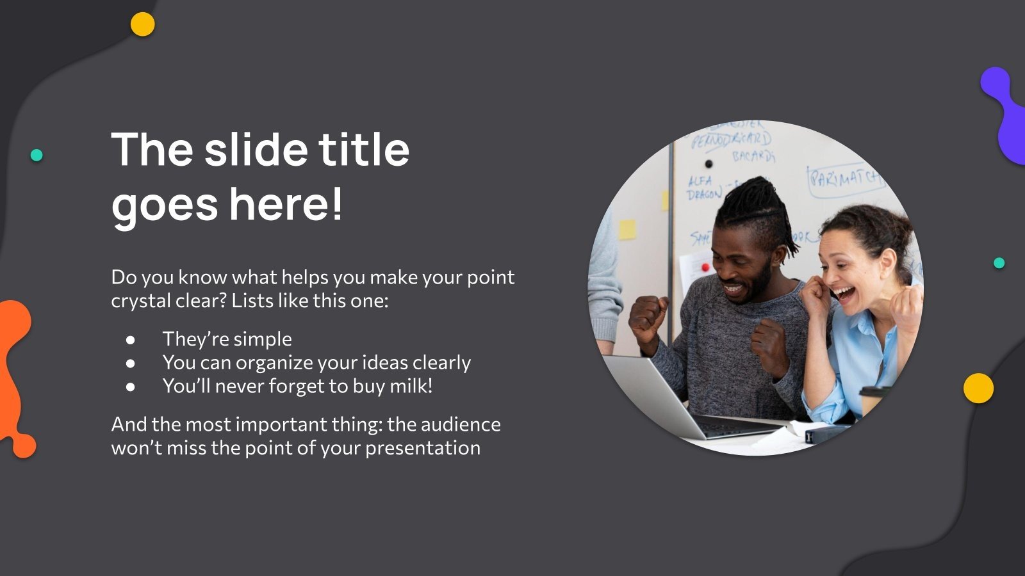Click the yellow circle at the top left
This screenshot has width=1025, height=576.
click(142, 24)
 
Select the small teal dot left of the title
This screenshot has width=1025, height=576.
click(37, 155)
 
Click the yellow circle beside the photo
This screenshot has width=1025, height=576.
click(978, 388)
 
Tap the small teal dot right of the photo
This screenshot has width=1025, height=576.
click(999, 263)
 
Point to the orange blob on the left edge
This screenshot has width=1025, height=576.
click(14, 378)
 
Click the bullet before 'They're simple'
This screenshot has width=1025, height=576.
click(131, 339)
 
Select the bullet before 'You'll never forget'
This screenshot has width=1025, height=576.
click(131, 387)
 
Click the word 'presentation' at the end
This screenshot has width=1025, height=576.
click(422, 448)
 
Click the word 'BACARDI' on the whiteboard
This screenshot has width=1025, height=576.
click(753, 156)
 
